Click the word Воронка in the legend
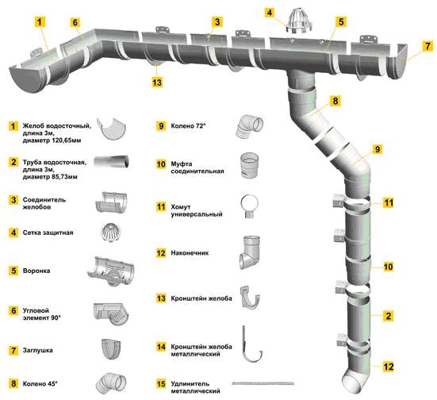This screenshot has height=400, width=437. [36, 271]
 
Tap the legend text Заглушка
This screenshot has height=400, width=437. [37, 350]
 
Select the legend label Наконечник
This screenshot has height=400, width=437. [190, 253]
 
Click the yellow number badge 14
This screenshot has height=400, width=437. [161, 347]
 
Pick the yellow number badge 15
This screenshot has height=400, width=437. [161, 384]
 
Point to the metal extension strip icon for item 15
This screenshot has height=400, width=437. [263, 383]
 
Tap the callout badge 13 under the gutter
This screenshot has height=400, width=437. [157, 83]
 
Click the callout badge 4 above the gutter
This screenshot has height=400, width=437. [269, 13]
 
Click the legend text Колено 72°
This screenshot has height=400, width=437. [189, 126]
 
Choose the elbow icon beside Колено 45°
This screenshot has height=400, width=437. [111, 383]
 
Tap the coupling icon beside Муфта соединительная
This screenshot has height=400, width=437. [250, 165]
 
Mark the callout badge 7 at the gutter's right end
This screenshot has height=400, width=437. [428, 46]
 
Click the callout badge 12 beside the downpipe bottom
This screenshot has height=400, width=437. [389, 367]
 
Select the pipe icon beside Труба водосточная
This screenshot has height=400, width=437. [111, 161]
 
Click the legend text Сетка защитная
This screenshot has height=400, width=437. [48, 233]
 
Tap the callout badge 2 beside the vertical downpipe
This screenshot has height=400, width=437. [389, 316]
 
